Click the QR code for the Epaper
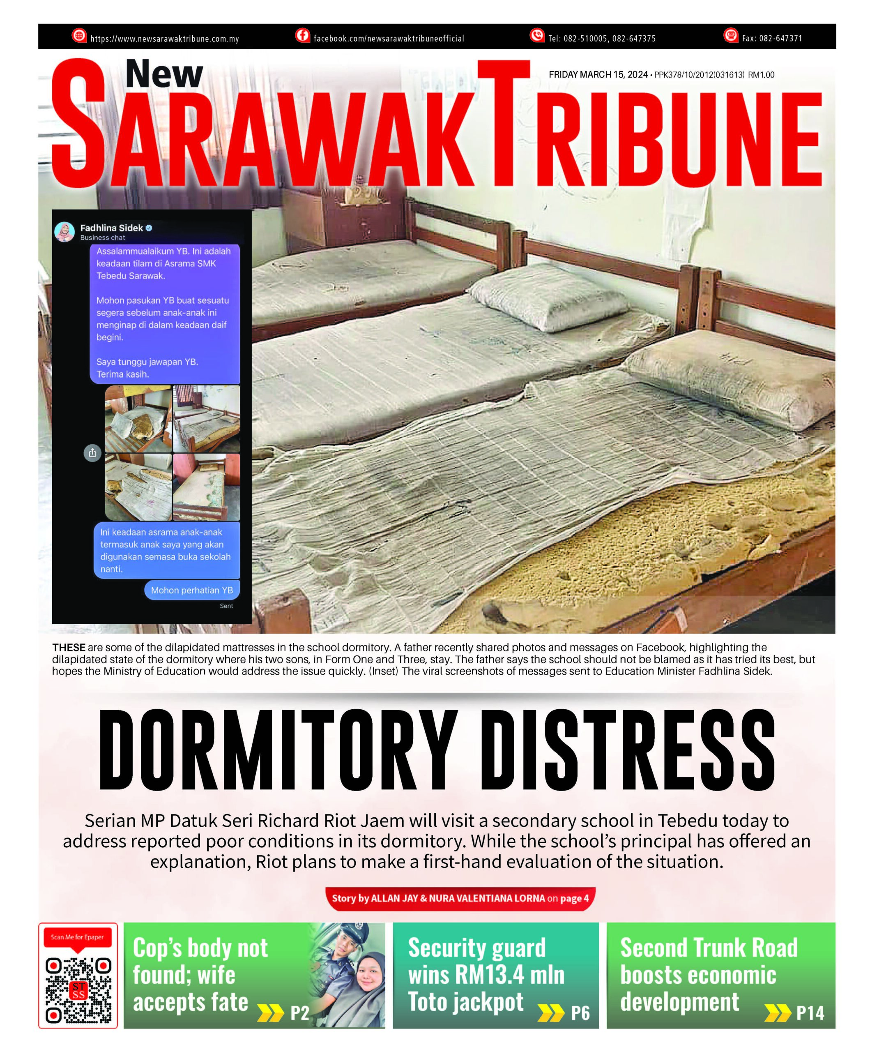click(x=78, y=991)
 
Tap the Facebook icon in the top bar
click(x=302, y=35)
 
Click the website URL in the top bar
click(x=164, y=39)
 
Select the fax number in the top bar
click(x=771, y=38)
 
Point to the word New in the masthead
click(x=164, y=74)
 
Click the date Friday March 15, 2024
click(x=598, y=75)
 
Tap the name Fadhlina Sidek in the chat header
click(x=111, y=228)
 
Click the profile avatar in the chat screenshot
click(x=64, y=232)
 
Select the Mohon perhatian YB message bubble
click(x=192, y=590)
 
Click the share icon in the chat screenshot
click(x=92, y=453)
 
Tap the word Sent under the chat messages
click(x=226, y=606)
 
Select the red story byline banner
click(x=460, y=898)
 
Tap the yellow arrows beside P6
click(x=550, y=1013)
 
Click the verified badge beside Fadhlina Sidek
click(x=149, y=228)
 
